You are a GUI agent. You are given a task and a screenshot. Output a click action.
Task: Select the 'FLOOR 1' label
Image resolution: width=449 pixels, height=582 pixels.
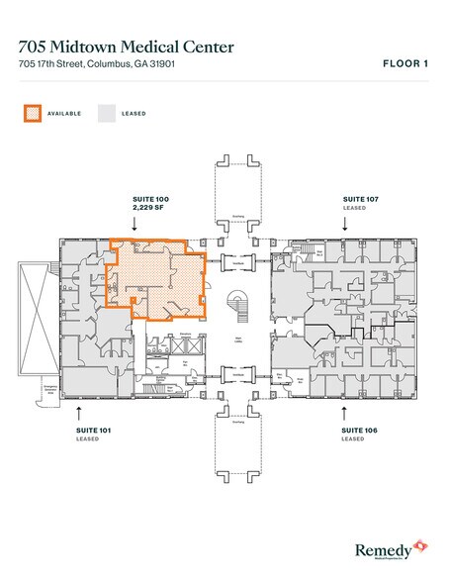click(x=404, y=64)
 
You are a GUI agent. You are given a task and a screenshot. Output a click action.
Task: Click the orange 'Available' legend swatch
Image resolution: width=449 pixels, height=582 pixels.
click(x=33, y=113)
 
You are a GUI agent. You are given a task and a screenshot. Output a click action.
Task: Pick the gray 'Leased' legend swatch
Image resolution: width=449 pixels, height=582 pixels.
click(x=105, y=113)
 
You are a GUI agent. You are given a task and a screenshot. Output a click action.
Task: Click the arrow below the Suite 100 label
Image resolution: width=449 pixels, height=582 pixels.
click(x=136, y=224)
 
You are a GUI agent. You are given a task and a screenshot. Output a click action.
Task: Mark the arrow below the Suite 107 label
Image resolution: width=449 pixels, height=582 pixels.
click(x=344, y=224)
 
